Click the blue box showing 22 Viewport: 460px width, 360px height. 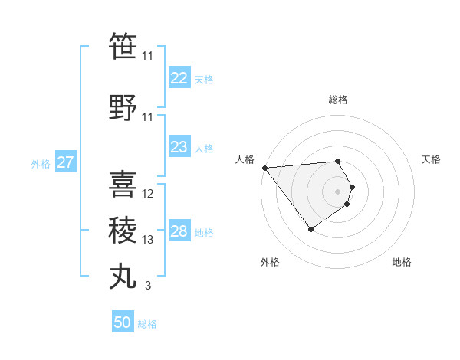179,78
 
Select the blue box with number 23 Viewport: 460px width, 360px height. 179,147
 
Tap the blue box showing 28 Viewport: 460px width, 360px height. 179,231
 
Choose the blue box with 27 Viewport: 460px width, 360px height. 65,162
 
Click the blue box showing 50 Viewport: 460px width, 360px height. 123,322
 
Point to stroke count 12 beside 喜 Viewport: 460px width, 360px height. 148,194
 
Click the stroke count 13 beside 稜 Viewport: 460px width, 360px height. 148,240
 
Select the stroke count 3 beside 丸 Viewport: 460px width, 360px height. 147,286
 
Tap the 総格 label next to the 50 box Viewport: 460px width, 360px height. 147,324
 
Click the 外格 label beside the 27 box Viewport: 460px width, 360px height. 41,163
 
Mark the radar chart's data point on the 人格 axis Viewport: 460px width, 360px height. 264,168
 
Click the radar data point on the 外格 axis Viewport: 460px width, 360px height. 310,229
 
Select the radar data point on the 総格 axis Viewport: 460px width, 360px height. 337,161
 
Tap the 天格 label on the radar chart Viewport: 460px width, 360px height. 431,159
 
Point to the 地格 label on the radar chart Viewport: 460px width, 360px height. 402,262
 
